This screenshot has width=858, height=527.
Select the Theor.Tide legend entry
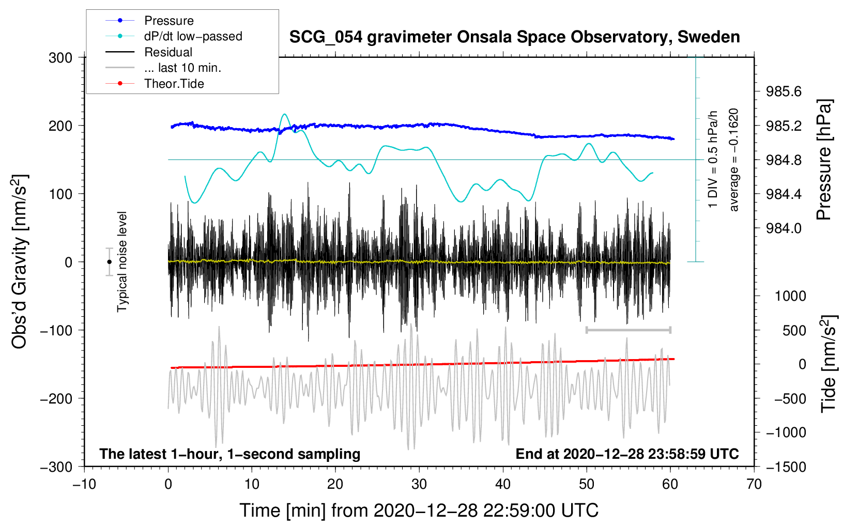(174, 84)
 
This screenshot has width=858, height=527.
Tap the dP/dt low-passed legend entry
(193, 36)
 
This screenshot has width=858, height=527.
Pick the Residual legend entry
(168, 52)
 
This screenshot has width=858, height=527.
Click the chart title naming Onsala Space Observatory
(514, 37)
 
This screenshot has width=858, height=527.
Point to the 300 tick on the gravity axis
(60, 58)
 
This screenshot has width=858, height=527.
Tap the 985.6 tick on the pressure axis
(784, 91)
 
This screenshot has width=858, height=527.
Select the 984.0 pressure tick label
(784, 228)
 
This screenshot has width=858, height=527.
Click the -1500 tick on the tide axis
(786, 467)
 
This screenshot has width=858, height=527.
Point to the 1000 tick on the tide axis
(790, 296)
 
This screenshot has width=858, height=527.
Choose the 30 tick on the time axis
(419, 484)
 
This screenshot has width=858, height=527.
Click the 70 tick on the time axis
(754, 484)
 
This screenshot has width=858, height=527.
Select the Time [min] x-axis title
(419, 510)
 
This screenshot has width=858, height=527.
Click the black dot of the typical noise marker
(109, 262)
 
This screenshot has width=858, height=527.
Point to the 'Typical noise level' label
(122, 261)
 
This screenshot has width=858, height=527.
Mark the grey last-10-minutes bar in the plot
(628, 330)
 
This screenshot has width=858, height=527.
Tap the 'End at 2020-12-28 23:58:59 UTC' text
(627, 454)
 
